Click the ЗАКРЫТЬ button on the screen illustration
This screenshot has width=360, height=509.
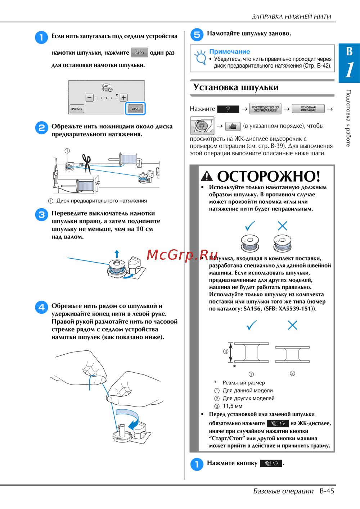(x=77, y=109)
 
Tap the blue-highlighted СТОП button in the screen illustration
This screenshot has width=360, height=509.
(x=135, y=109)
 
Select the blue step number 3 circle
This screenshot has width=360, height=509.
(x=41, y=214)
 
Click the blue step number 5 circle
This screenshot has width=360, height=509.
(x=197, y=35)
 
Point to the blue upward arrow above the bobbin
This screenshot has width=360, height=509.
(x=117, y=254)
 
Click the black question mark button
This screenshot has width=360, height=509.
(x=228, y=109)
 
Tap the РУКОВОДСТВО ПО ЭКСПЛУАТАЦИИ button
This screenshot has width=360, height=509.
(x=265, y=109)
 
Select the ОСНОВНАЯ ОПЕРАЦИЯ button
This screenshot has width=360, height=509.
(x=308, y=109)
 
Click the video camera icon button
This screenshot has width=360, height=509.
(x=233, y=126)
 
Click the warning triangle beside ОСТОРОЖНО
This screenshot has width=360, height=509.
(x=207, y=176)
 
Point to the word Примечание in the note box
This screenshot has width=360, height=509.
(x=229, y=51)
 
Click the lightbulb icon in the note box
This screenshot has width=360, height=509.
(x=200, y=57)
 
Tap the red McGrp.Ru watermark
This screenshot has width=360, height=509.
(x=182, y=255)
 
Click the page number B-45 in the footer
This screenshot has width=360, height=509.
(x=327, y=491)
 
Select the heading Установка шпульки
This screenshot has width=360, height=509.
(x=236, y=87)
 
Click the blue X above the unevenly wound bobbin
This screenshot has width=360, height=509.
(x=283, y=226)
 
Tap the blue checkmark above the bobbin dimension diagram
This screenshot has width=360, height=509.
(x=252, y=325)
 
